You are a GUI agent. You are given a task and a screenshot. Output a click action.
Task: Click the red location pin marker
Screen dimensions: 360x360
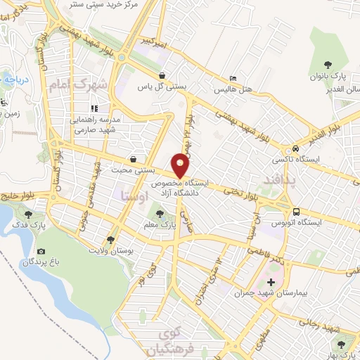pyautogui.click(x=181, y=166)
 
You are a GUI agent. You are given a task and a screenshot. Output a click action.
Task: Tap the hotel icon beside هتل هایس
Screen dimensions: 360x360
pyautogui.click(x=233, y=79)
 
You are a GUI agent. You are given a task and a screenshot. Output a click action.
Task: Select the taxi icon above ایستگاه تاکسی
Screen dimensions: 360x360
pyautogui.click(x=298, y=148)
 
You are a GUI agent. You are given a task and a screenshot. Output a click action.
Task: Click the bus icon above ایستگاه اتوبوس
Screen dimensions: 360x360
pyautogui.click(x=297, y=211)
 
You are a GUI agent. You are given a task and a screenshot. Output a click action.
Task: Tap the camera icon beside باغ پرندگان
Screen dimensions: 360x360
pyautogui.click(x=41, y=252)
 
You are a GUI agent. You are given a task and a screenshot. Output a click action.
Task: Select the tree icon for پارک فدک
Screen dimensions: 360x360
pyautogui.click(x=29, y=214)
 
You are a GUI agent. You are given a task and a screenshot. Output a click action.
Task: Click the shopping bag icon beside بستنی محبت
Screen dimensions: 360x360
pyautogui.click(x=134, y=159)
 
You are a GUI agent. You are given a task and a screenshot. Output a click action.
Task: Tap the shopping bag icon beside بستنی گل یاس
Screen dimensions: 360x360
pyautogui.click(x=163, y=75)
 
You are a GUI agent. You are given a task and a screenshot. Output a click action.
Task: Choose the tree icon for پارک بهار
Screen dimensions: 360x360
pyautogui.click(x=342, y=345)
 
